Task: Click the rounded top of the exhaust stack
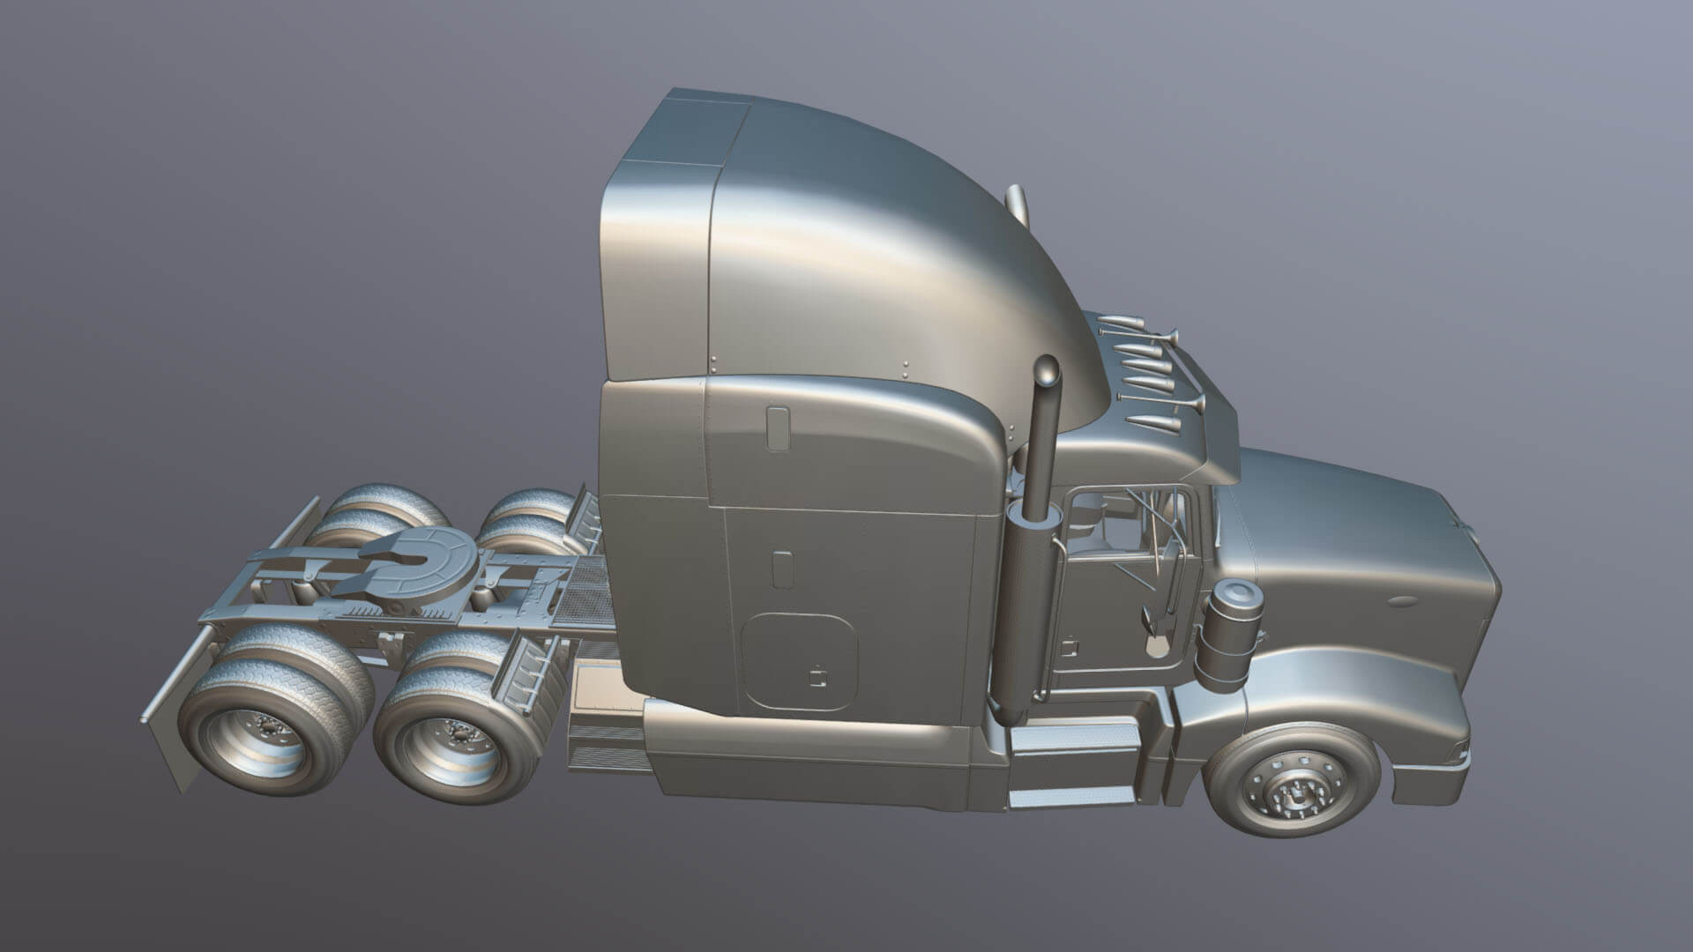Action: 1047,371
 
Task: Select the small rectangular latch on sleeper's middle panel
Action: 781,569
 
